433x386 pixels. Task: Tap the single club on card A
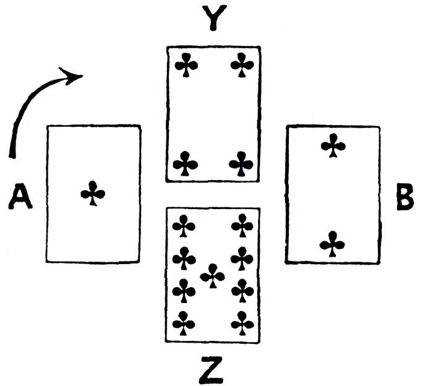tap(93, 193)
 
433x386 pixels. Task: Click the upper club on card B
tap(333, 146)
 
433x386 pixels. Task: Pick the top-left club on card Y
tap(184, 64)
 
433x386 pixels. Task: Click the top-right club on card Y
tap(242, 64)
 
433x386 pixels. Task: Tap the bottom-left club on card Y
tap(185, 163)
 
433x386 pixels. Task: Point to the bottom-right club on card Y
tap(241, 164)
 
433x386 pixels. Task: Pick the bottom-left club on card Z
tap(184, 322)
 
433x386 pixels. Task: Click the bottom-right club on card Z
tap(242, 322)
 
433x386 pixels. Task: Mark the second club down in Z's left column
tap(184, 257)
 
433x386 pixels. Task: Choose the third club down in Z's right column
tap(242, 289)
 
